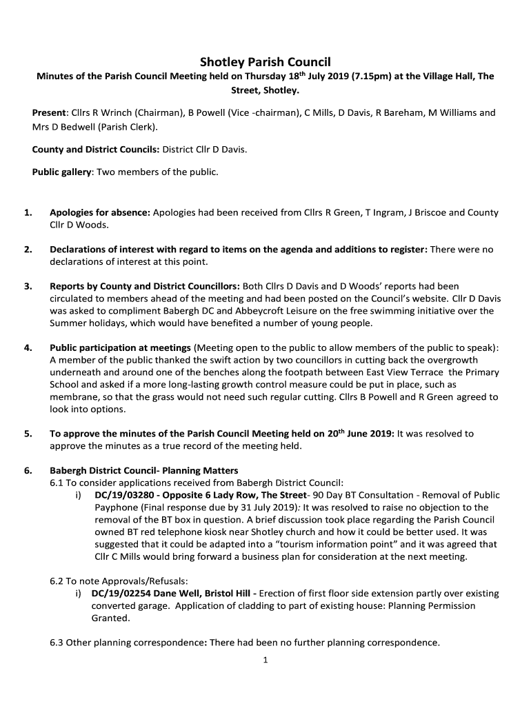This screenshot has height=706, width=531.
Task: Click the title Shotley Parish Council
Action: point(265,61)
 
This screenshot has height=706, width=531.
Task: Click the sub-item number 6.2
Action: point(57,581)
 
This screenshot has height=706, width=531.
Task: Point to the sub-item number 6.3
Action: point(57,643)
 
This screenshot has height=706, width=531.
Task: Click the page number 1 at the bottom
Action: point(265,660)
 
